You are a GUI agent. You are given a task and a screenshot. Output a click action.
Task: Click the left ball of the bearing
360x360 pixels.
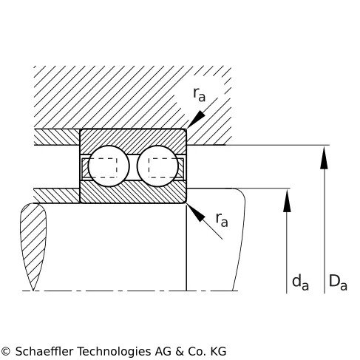tap(109, 166)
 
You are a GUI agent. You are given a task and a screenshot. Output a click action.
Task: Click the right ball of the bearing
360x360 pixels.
tap(157, 166)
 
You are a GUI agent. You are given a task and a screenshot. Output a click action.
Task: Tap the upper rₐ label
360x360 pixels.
tap(199, 95)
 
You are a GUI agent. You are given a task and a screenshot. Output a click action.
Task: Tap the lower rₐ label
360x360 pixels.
tap(222, 220)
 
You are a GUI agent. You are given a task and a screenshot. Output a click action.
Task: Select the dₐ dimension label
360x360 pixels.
tap(300, 282)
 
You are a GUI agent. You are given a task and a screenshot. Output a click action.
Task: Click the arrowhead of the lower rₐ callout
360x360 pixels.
tap(196, 213)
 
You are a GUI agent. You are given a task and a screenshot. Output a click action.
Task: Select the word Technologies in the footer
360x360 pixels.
tap(114, 352)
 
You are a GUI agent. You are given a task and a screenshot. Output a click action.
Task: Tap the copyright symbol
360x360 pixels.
tap(5, 351)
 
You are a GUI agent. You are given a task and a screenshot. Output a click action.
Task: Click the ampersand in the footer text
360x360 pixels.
tap(180, 351)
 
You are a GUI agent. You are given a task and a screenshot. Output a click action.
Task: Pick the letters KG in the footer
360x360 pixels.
tap(218, 351)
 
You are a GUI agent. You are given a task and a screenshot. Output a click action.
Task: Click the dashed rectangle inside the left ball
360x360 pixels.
tap(103, 168)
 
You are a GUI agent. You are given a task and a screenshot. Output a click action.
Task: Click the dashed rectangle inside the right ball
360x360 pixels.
tap(163, 168)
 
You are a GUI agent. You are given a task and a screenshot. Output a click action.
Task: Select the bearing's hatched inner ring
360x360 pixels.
tap(133, 193)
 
